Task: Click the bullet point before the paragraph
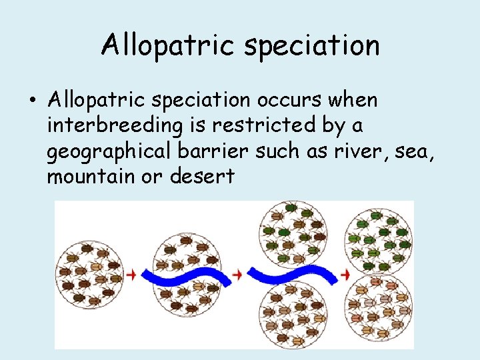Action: (x=32, y=101)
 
